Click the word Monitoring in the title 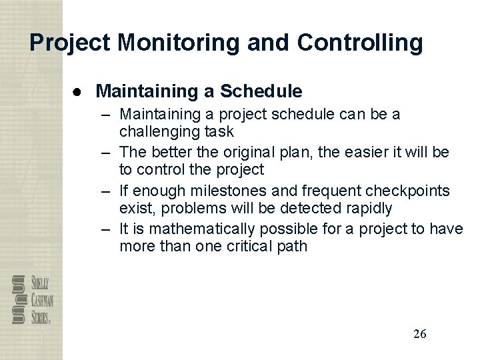tap(179, 43)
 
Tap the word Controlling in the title tap(360, 43)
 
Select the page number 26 tap(419, 334)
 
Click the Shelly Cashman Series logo tap(32, 300)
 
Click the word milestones tap(225, 191)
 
